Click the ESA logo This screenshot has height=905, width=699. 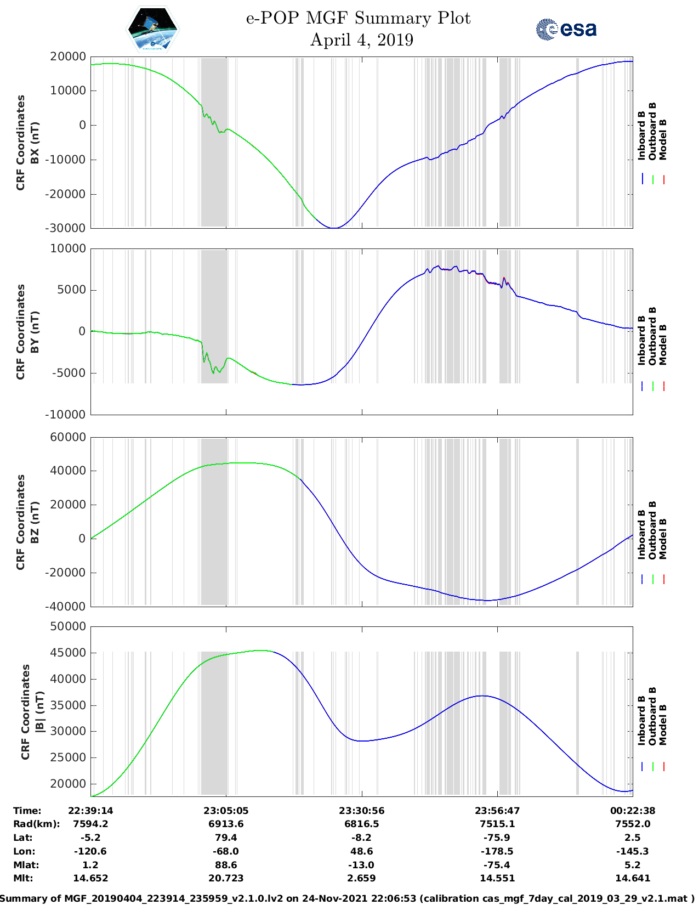click(x=566, y=29)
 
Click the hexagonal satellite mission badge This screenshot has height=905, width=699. click(x=152, y=30)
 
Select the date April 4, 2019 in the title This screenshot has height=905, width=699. click(x=361, y=40)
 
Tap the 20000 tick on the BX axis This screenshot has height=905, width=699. click(x=68, y=56)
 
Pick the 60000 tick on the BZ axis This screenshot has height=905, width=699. click(x=68, y=437)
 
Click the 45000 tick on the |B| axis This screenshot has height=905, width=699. click(x=68, y=653)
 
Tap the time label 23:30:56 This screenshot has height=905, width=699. click(x=361, y=811)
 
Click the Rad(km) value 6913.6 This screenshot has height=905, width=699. click(x=226, y=824)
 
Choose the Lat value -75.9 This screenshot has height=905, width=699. click(x=497, y=838)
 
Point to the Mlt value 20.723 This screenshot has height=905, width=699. click(x=226, y=878)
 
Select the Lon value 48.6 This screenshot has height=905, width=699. click(x=361, y=851)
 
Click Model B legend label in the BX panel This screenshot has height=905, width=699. click(x=663, y=139)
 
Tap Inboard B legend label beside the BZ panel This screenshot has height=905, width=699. click(x=641, y=535)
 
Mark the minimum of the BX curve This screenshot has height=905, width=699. click(x=334, y=228)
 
